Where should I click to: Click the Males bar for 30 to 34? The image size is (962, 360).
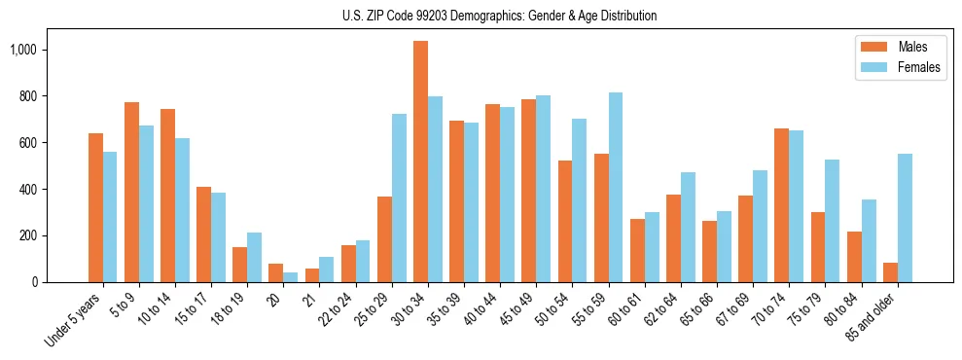click(420, 162)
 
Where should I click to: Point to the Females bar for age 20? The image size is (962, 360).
click(291, 277)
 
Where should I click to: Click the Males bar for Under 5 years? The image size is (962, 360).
click(95, 208)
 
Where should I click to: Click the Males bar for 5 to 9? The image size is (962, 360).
click(131, 193)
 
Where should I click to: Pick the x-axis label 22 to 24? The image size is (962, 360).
click(347, 306)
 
